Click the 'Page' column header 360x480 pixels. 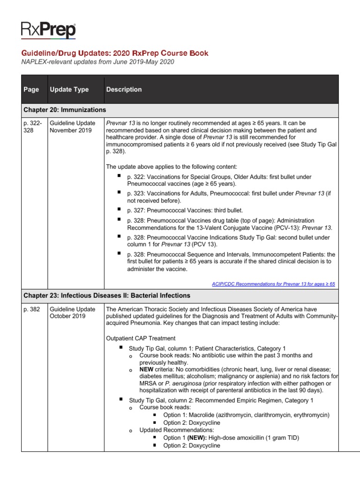click(31, 90)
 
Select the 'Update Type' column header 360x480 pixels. click(69, 90)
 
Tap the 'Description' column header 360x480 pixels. click(124, 90)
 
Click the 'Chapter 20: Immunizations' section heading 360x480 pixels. click(65, 110)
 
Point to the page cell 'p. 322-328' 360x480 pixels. click(33, 127)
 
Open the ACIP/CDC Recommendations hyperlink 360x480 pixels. click(274, 284)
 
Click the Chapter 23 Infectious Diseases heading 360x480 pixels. click(107, 296)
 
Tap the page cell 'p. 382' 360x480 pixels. click(31, 309)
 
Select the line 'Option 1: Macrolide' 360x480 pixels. click(246, 415)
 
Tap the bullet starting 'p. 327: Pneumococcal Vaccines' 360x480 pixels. click(185, 210)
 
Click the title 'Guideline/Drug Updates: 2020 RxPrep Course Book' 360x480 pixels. click(115, 53)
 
